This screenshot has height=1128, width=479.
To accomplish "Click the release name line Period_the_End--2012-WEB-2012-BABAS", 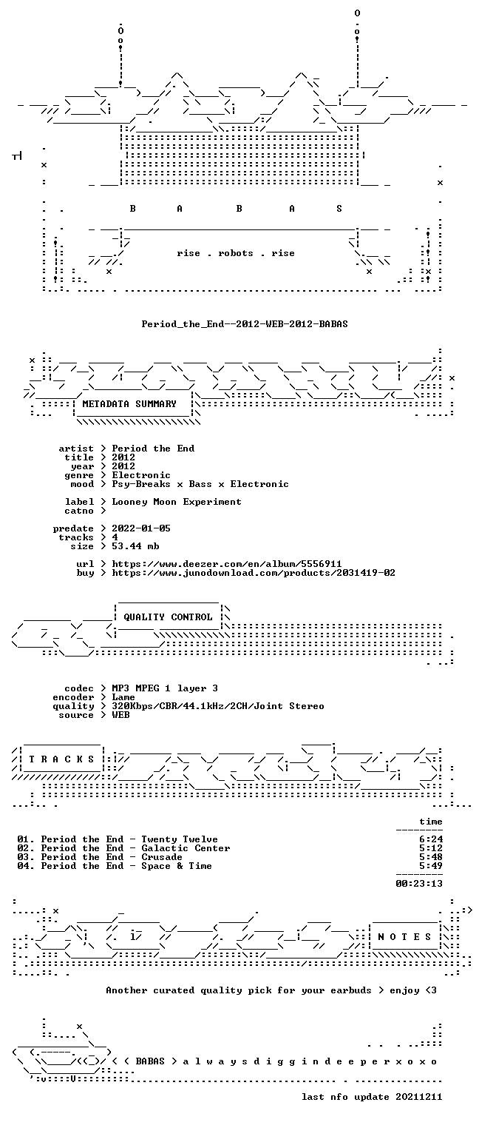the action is [x=245, y=323].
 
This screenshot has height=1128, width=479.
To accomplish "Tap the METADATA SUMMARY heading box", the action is [x=132, y=404].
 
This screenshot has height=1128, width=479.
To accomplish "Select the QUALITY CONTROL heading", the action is [x=168, y=617].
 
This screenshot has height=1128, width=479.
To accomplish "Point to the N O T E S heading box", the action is [x=404, y=936].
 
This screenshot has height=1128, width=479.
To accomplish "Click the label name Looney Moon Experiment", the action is [x=177, y=502].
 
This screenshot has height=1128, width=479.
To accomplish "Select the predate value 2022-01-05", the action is [x=141, y=528].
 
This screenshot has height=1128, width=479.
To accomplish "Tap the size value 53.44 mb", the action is [x=135, y=546].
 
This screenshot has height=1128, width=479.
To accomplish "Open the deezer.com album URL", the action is [x=227, y=563].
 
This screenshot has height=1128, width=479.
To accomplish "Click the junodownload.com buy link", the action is [x=254, y=573].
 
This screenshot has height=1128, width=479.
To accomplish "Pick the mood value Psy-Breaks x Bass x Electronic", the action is [x=200, y=484].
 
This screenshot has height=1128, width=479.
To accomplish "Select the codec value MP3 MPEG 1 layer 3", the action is [x=165, y=688].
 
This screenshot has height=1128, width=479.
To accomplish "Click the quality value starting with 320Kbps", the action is [x=218, y=706].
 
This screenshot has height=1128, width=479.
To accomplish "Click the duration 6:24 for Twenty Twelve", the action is [x=431, y=839].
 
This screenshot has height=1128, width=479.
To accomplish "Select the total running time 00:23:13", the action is [x=419, y=883].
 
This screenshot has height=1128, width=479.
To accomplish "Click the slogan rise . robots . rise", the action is [x=236, y=253].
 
